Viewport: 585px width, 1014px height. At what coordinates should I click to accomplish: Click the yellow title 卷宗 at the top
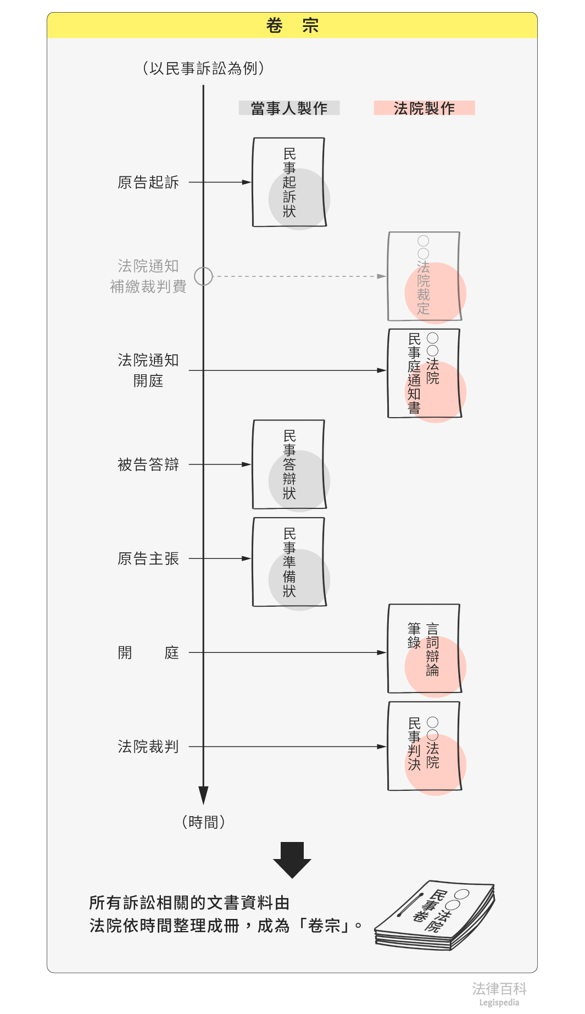coord(292,26)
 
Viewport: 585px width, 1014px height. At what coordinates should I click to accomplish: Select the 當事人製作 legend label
coord(289,108)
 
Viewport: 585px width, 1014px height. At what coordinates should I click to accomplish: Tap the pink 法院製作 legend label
coord(424,108)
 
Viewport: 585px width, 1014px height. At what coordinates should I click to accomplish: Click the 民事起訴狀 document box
coord(289,182)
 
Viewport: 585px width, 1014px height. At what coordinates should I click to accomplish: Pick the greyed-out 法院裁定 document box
coord(424,276)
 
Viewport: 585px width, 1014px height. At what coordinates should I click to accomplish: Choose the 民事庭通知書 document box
coord(424,373)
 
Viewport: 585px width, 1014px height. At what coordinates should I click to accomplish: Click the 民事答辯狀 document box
coord(289,465)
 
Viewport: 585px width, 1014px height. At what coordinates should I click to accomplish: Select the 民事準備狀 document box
coord(289,562)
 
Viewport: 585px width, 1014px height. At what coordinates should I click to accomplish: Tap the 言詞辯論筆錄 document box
coord(424,649)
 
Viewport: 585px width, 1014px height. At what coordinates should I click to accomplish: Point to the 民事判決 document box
coord(424,746)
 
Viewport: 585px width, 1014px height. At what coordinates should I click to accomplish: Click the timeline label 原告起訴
coord(148,182)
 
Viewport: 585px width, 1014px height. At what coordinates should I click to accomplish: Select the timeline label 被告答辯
coord(148,465)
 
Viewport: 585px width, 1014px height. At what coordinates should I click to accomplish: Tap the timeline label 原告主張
coord(148,559)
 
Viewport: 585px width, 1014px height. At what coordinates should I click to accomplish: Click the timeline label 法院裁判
coord(148,747)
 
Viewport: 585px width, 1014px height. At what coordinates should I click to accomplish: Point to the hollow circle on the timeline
coord(203,276)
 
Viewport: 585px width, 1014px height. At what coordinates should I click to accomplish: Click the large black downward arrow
coord(292,860)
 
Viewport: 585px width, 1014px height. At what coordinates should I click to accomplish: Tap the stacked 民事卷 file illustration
coord(435,916)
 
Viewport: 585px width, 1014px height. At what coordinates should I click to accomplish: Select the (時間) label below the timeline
coord(203,822)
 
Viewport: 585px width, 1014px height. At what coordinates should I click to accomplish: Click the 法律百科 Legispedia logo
coord(499,994)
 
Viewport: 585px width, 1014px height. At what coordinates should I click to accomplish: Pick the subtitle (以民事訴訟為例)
coord(203,68)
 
